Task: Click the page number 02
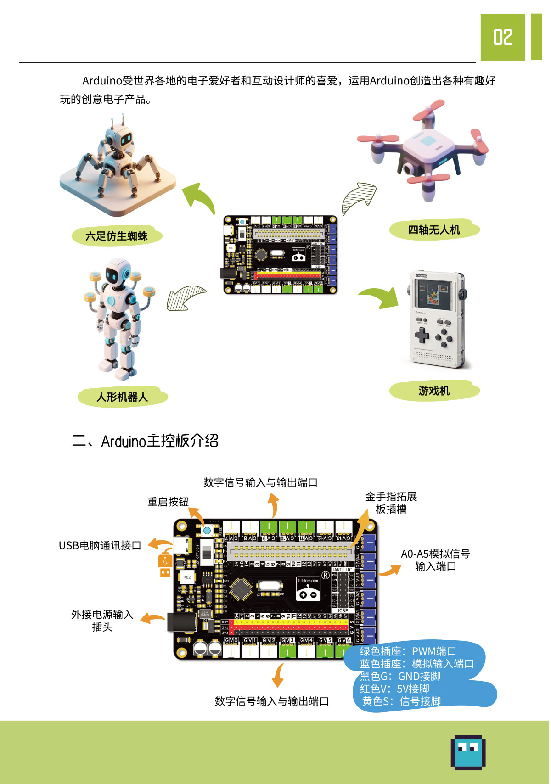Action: click(502, 37)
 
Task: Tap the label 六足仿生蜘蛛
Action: click(117, 236)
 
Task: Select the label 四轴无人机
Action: click(434, 230)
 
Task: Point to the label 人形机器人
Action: click(122, 397)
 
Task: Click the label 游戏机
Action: click(434, 391)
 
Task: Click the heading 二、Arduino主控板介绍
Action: click(145, 441)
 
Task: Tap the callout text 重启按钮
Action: click(168, 502)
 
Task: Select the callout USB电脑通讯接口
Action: click(100, 545)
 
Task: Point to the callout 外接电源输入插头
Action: click(102, 621)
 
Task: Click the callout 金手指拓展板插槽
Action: click(391, 503)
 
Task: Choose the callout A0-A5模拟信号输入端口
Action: click(435, 560)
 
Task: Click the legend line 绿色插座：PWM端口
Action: click(408, 651)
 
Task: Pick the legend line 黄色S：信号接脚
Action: click(401, 701)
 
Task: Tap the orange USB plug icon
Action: click(165, 563)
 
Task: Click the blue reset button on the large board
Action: click(207, 531)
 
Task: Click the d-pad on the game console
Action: click(422, 336)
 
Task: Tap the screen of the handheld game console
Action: click(432, 293)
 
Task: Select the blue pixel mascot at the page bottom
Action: click(468, 752)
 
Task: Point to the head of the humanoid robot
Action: click(118, 273)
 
